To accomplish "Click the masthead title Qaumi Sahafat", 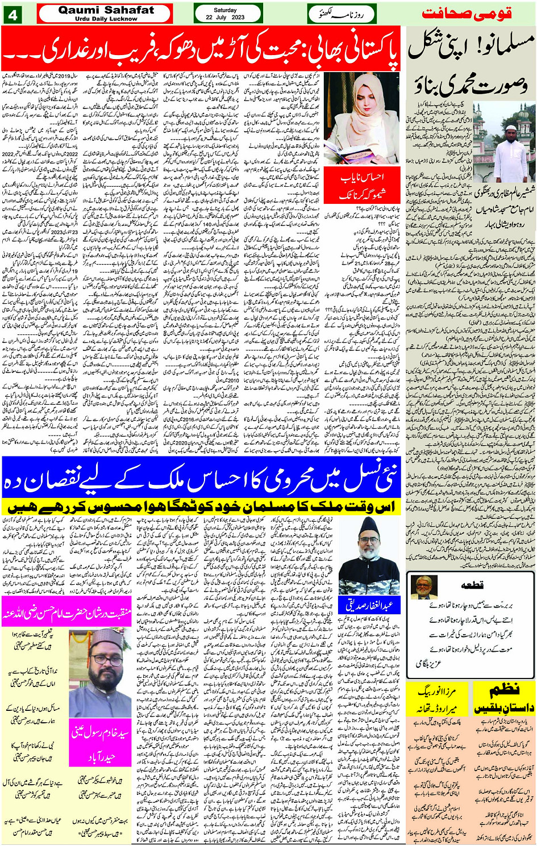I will coord(106,10).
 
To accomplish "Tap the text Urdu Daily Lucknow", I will coord(106,19).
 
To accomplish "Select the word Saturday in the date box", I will coord(225,10).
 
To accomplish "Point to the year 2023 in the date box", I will coord(238,18).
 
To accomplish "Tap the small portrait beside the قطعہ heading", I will coord(423,587).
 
